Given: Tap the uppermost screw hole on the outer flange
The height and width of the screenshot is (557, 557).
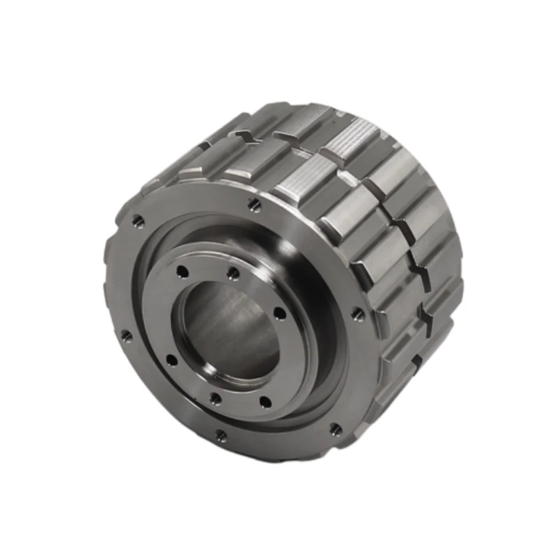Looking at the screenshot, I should pyautogui.click(x=254, y=205).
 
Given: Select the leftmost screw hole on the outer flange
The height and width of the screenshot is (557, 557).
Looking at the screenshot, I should pyautogui.click(x=126, y=336).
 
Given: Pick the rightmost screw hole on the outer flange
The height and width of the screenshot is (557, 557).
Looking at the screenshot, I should pyautogui.click(x=358, y=314).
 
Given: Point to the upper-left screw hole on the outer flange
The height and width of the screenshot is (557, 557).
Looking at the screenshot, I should pyautogui.click(x=139, y=221).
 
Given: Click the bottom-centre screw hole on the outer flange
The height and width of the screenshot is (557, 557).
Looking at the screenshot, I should pyautogui.click(x=221, y=437).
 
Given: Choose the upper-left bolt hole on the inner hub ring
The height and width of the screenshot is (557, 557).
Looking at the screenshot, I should pyautogui.click(x=182, y=272).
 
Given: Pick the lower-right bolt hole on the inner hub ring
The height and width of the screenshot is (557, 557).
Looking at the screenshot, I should pyautogui.click(x=265, y=400).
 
